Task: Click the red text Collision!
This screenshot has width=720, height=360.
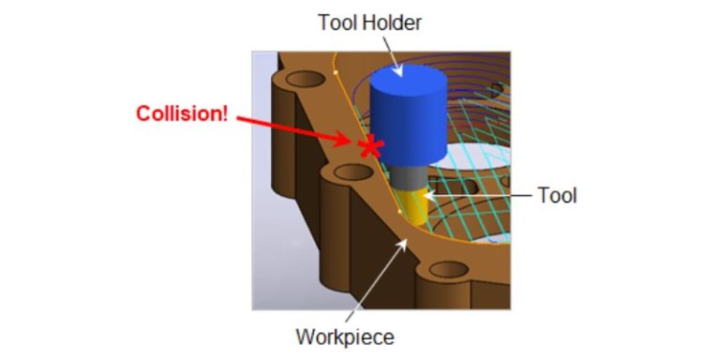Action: coord(182,114)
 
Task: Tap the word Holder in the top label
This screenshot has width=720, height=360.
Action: coord(395,22)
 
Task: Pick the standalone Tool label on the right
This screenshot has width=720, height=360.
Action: coord(557,196)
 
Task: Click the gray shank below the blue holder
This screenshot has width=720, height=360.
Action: coord(411,177)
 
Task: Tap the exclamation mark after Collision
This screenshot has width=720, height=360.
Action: coord(225,114)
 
